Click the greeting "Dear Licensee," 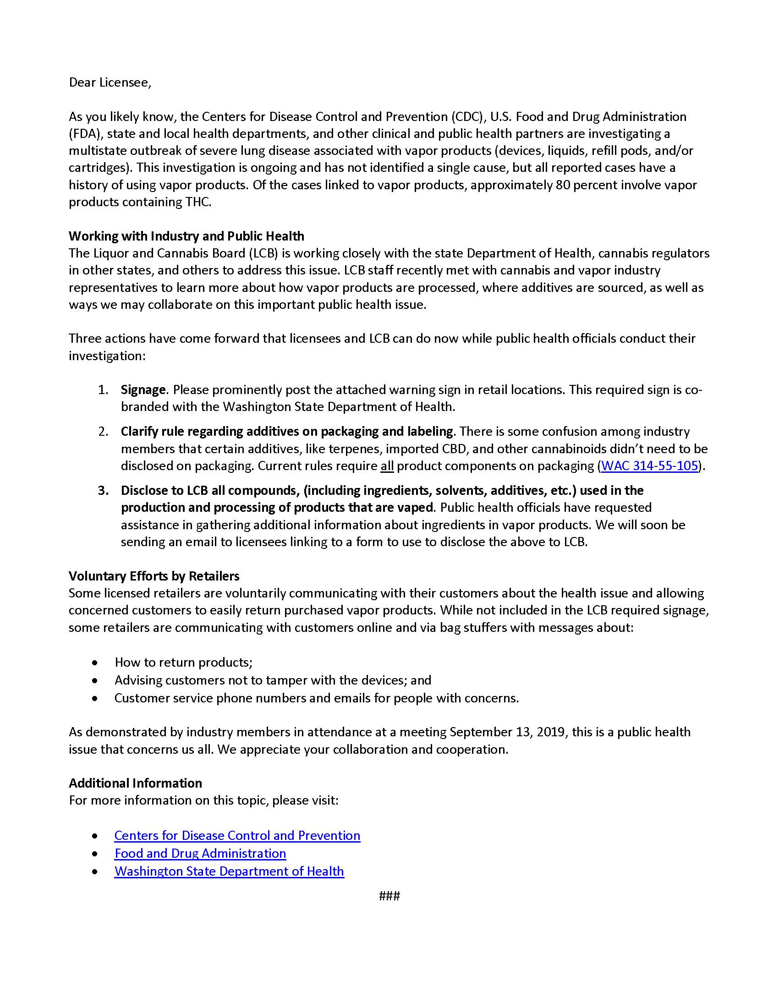click(x=110, y=82)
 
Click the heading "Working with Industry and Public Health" click(x=187, y=236)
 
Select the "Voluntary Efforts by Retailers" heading click(x=154, y=576)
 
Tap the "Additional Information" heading click(x=135, y=783)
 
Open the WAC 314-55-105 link click(x=650, y=466)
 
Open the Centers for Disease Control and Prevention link click(x=237, y=835)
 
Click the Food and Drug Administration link click(x=200, y=854)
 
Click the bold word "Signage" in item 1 click(x=143, y=390)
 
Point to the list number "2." click(x=104, y=432)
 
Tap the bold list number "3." click(x=104, y=490)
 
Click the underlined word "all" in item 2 click(x=387, y=466)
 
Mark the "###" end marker click(x=389, y=896)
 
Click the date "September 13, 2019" click(x=507, y=732)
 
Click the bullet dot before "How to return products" click(x=94, y=663)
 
